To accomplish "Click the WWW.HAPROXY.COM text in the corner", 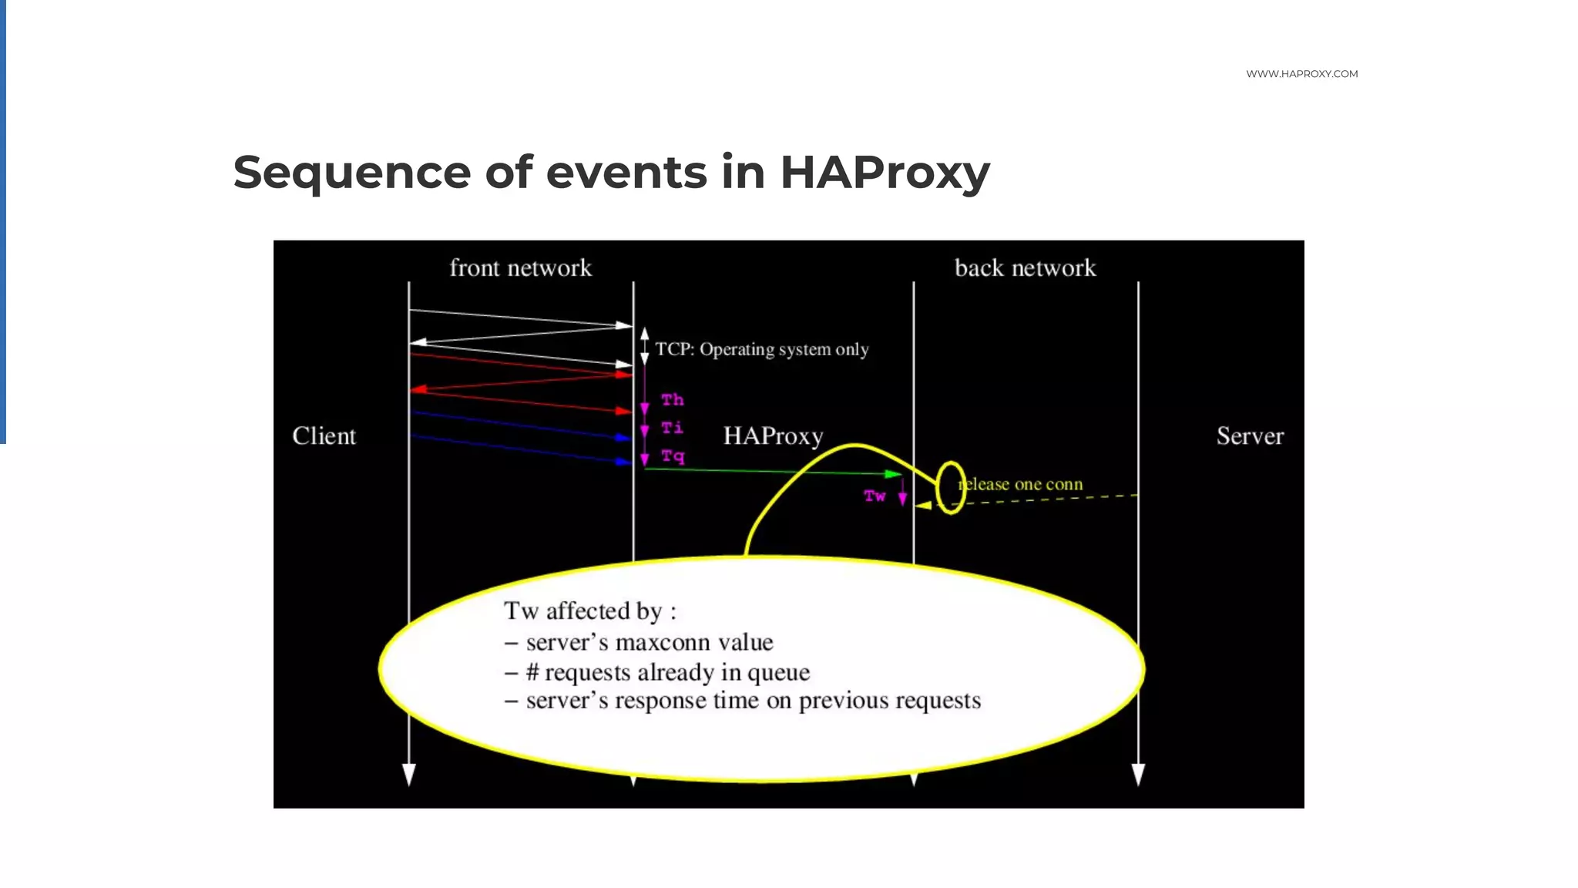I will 1301,74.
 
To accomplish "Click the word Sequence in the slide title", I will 351,172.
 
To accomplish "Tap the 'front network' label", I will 520,268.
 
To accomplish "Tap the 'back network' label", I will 1025,268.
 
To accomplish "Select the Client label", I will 324,436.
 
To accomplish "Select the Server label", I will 1250,436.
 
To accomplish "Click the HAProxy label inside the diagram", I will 773,436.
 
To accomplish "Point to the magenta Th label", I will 672,400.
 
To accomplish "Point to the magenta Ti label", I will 672,427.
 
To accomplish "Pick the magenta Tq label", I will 672,456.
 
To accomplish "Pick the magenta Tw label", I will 875,496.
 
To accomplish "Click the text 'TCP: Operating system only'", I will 761,350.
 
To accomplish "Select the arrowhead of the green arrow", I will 894,473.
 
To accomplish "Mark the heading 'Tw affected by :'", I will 589,611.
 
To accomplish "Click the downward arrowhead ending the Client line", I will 409,774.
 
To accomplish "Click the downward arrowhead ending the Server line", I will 1138,774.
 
